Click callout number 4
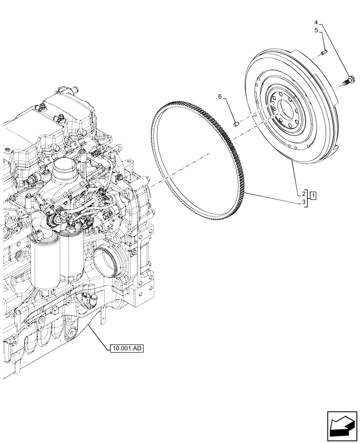[316, 22]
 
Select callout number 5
[316, 30]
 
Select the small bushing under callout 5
[324, 53]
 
